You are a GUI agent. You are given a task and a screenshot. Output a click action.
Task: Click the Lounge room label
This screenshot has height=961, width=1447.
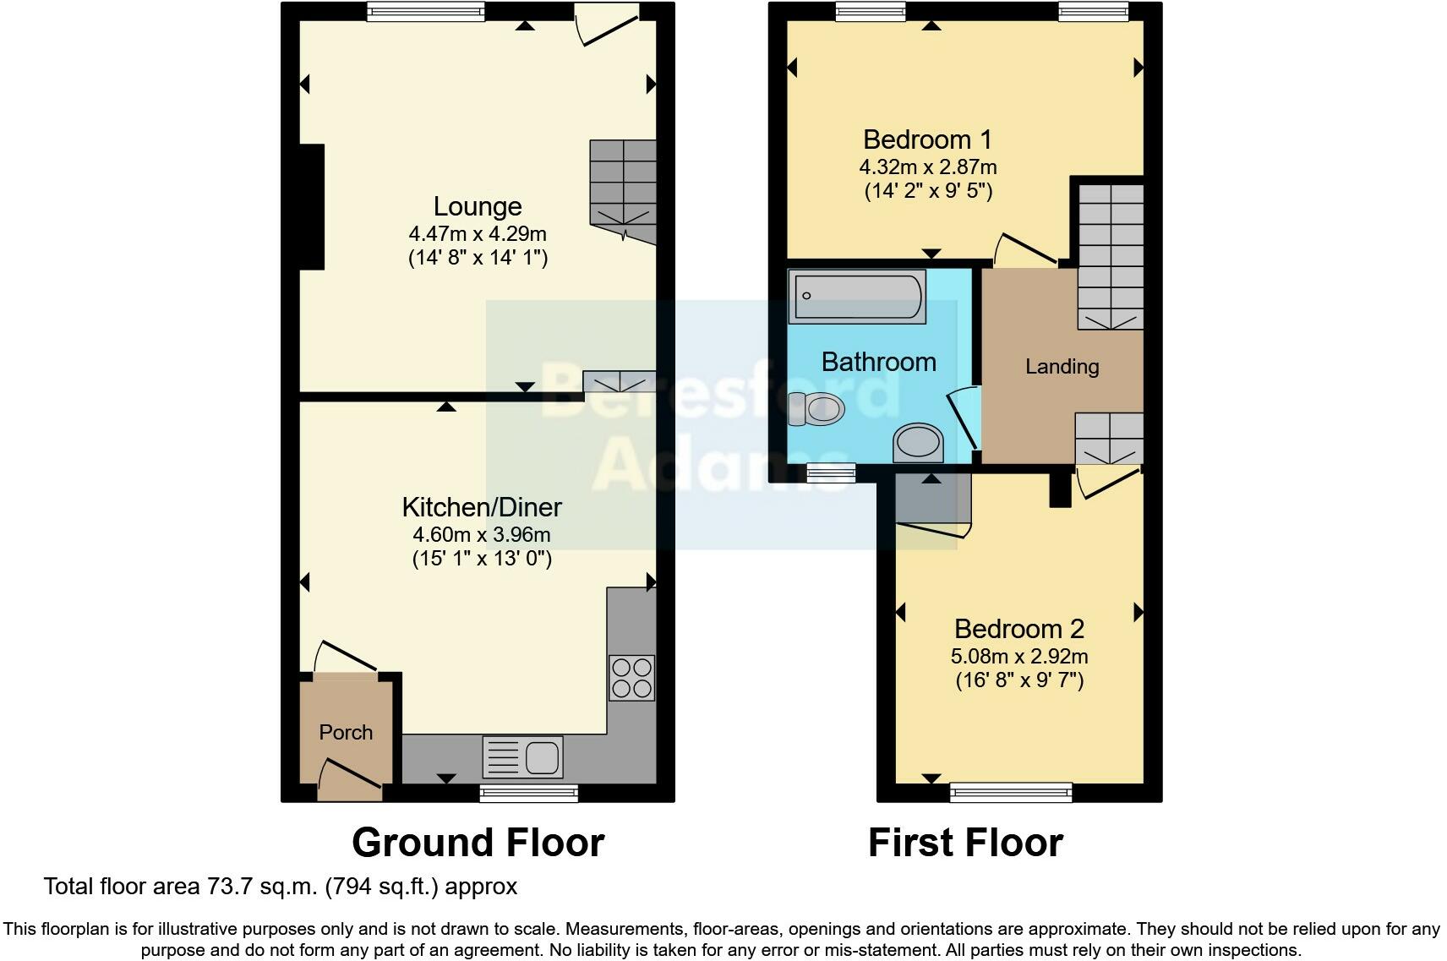478,206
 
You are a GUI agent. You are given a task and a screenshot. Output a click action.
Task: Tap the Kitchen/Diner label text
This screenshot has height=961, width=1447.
482,507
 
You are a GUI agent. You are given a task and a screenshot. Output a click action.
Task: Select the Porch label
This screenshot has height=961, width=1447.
346,732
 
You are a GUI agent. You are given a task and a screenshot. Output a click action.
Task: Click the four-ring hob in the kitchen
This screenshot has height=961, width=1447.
631,678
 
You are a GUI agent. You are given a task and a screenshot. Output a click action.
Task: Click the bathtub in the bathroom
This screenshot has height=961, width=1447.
856,296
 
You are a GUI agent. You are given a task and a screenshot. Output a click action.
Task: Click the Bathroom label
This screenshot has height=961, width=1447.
879,362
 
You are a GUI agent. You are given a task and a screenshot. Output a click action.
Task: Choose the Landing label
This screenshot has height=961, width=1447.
1062,366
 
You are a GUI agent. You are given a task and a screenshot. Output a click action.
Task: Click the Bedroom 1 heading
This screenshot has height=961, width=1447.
927,139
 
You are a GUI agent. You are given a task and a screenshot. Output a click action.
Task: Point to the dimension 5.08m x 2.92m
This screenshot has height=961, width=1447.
1019,656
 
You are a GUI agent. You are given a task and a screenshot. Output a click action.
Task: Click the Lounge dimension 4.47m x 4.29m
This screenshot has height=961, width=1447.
478,233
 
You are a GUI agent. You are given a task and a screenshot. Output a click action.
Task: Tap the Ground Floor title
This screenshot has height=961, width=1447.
478,843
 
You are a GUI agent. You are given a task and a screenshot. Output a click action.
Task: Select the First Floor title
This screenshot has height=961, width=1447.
965,843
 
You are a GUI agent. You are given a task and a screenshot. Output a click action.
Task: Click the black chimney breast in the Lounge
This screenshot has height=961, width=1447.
311,207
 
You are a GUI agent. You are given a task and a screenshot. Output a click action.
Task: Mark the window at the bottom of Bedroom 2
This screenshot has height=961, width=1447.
1011,792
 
